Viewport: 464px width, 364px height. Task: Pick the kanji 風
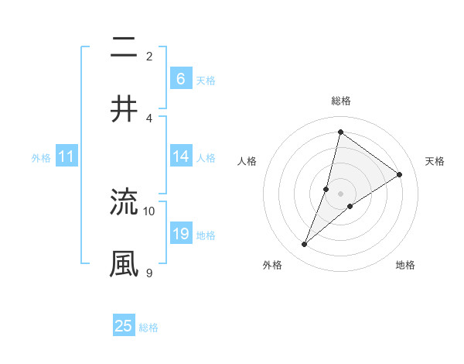click(125, 263)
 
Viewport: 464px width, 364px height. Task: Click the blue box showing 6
click(180, 78)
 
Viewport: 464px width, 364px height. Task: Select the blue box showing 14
click(180, 156)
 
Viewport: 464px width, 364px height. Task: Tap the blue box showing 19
click(180, 234)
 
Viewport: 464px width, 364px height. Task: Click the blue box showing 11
click(66, 156)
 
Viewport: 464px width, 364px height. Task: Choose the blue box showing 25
click(124, 326)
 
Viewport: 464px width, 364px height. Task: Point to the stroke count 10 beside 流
click(149, 211)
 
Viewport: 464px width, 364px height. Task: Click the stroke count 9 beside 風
click(149, 273)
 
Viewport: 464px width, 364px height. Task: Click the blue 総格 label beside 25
click(148, 328)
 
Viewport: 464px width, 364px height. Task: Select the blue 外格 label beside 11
click(41, 158)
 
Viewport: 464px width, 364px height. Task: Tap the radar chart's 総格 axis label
click(340, 101)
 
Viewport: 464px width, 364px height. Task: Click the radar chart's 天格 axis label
click(435, 161)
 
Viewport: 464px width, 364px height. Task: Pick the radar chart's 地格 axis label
click(405, 265)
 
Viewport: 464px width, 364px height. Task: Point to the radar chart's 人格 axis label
click(247, 161)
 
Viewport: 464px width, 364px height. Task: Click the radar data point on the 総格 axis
click(340, 132)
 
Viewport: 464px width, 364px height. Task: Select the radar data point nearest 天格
click(400, 174)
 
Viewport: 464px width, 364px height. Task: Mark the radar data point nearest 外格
click(305, 245)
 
